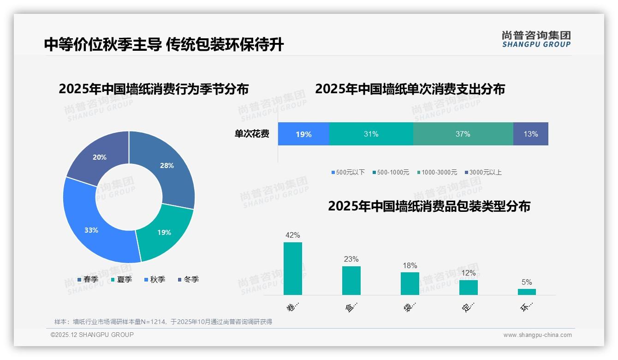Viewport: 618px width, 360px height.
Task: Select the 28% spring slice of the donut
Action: point(168,166)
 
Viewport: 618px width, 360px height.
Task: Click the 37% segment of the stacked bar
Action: point(463,134)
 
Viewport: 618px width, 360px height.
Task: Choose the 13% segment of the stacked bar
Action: point(530,134)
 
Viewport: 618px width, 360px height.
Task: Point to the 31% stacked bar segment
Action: point(371,134)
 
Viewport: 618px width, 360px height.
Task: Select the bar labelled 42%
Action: point(292,269)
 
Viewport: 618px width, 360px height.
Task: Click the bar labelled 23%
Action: point(351,281)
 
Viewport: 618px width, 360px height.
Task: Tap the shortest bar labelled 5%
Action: point(527,292)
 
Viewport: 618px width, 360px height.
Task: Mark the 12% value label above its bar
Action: point(468,273)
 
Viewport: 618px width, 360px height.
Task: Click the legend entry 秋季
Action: point(154,279)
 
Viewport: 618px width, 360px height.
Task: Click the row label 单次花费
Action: point(252,134)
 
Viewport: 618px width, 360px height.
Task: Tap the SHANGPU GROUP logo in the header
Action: point(536,39)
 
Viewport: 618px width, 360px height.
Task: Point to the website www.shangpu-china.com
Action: point(537,335)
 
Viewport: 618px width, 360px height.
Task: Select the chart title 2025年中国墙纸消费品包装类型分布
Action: point(429,206)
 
